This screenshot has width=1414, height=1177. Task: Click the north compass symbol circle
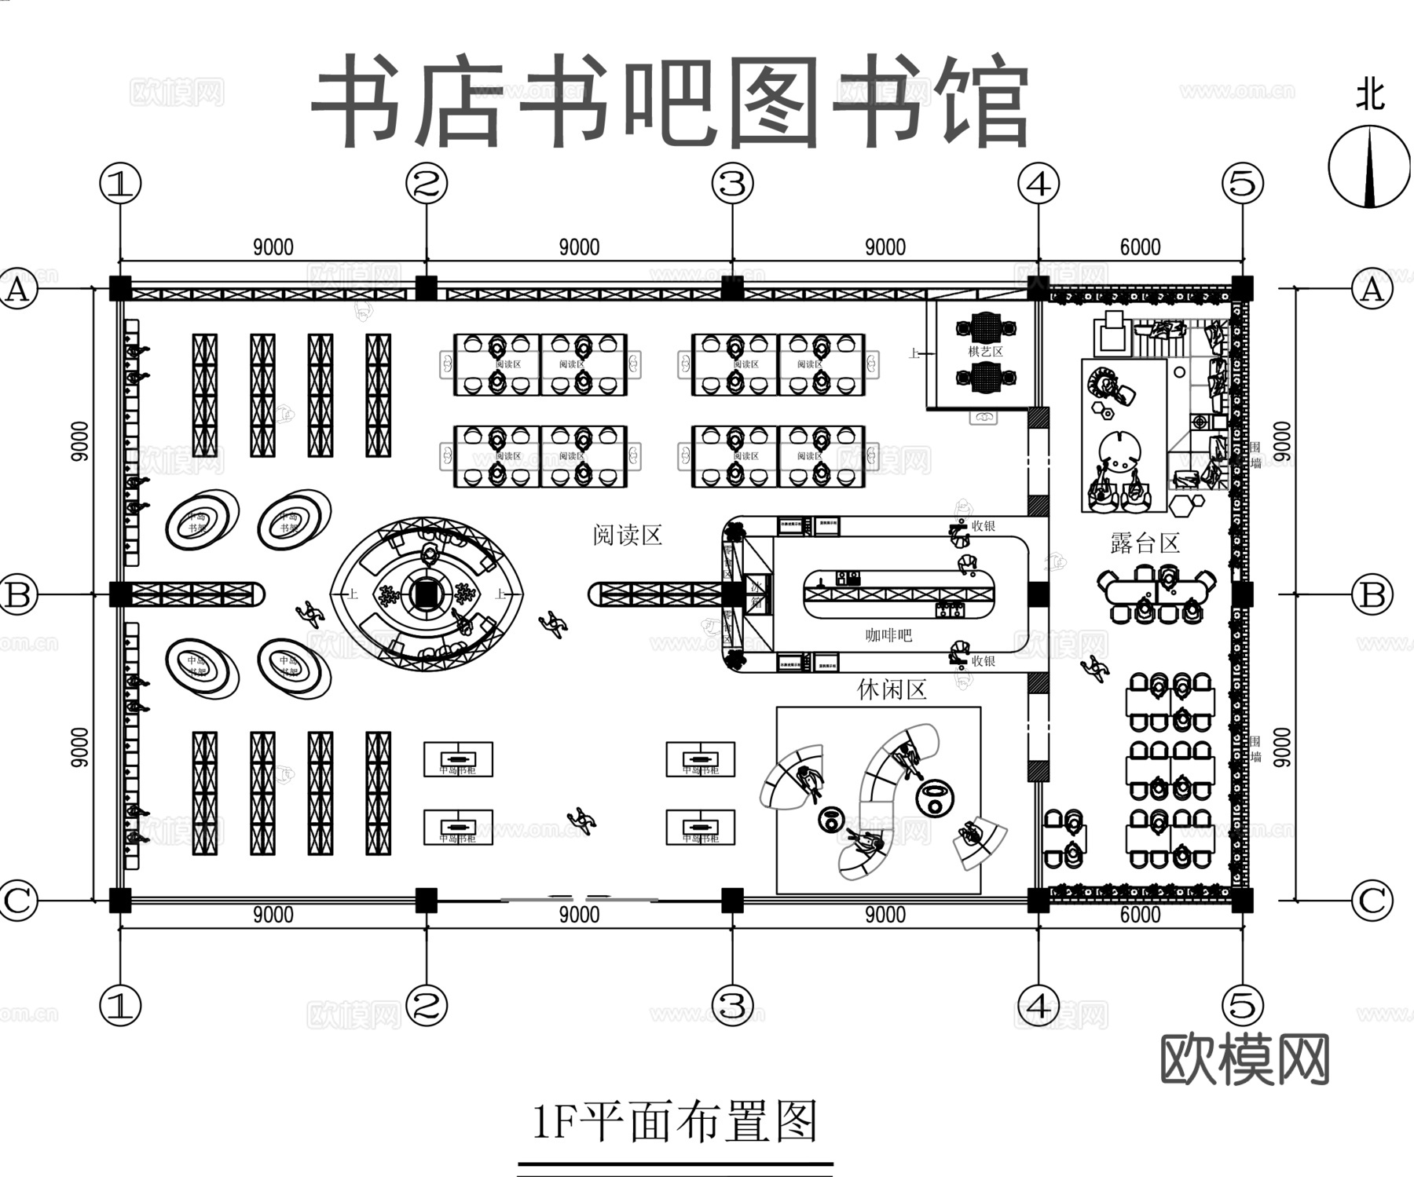click(1369, 168)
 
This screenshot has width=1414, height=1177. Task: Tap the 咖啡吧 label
click(888, 634)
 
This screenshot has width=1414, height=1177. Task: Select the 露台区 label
click(1145, 543)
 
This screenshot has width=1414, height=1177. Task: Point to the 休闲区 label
click(892, 689)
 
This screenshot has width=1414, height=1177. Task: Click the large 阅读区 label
click(628, 535)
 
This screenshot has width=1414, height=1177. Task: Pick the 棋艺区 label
click(985, 351)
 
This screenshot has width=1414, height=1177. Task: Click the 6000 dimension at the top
click(1140, 247)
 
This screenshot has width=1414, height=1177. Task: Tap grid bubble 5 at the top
click(1243, 184)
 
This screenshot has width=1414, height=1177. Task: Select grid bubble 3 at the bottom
click(732, 1005)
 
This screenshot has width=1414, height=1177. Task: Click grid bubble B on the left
click(18, 594)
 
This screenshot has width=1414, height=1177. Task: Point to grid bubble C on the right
click(1372, 900)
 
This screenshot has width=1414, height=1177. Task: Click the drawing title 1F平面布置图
click(675, 1120)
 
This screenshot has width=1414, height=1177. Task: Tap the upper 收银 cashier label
click(984, 526)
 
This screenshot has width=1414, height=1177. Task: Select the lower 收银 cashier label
click(984, 661)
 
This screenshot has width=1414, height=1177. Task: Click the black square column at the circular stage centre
click(426, 594)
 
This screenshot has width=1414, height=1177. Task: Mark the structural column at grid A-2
click(426, 288)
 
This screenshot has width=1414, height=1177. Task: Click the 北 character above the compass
click(1370, 96)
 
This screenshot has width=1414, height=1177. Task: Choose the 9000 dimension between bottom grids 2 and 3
click(579, 915)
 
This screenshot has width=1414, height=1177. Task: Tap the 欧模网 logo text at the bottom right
click(1244, 1060)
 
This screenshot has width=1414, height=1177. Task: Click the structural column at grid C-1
click(119, 900)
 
